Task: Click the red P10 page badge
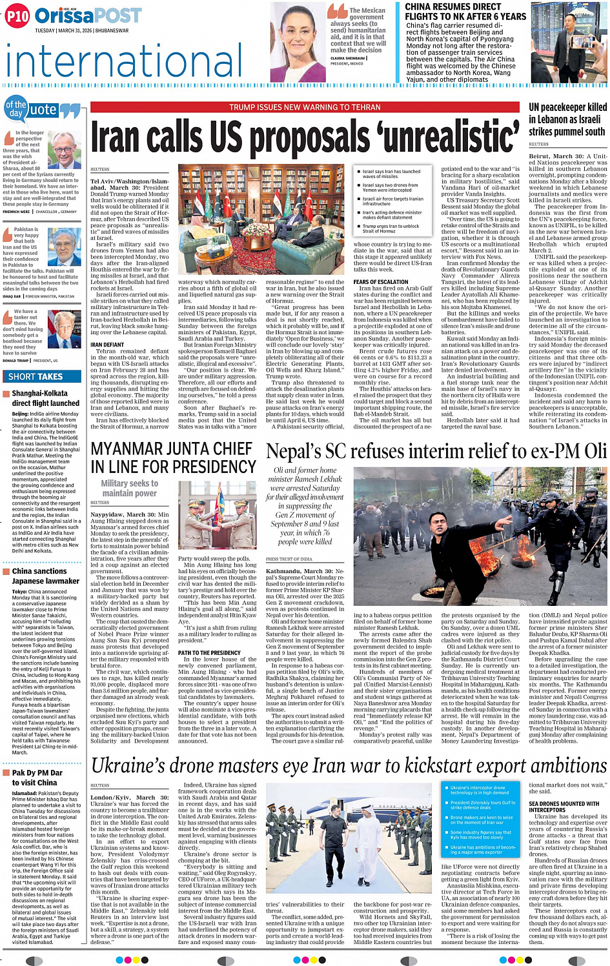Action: pos(17,15)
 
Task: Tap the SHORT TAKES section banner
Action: pos(36,376)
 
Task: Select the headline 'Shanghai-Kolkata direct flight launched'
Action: pos(45,398)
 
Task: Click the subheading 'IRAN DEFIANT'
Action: pos(107,345)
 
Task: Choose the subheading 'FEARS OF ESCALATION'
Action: pos(380,282)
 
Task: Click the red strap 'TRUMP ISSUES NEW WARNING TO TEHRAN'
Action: pos(305,107)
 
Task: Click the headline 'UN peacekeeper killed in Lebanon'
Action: pos(567,119)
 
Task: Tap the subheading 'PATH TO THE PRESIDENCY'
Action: pos(209,653)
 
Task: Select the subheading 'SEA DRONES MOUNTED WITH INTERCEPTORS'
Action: pos(564,807)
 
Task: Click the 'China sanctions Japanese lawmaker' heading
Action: pos(45,576)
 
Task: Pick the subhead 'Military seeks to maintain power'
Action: pos(129,488)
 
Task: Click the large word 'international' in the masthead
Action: pos(125,61)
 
